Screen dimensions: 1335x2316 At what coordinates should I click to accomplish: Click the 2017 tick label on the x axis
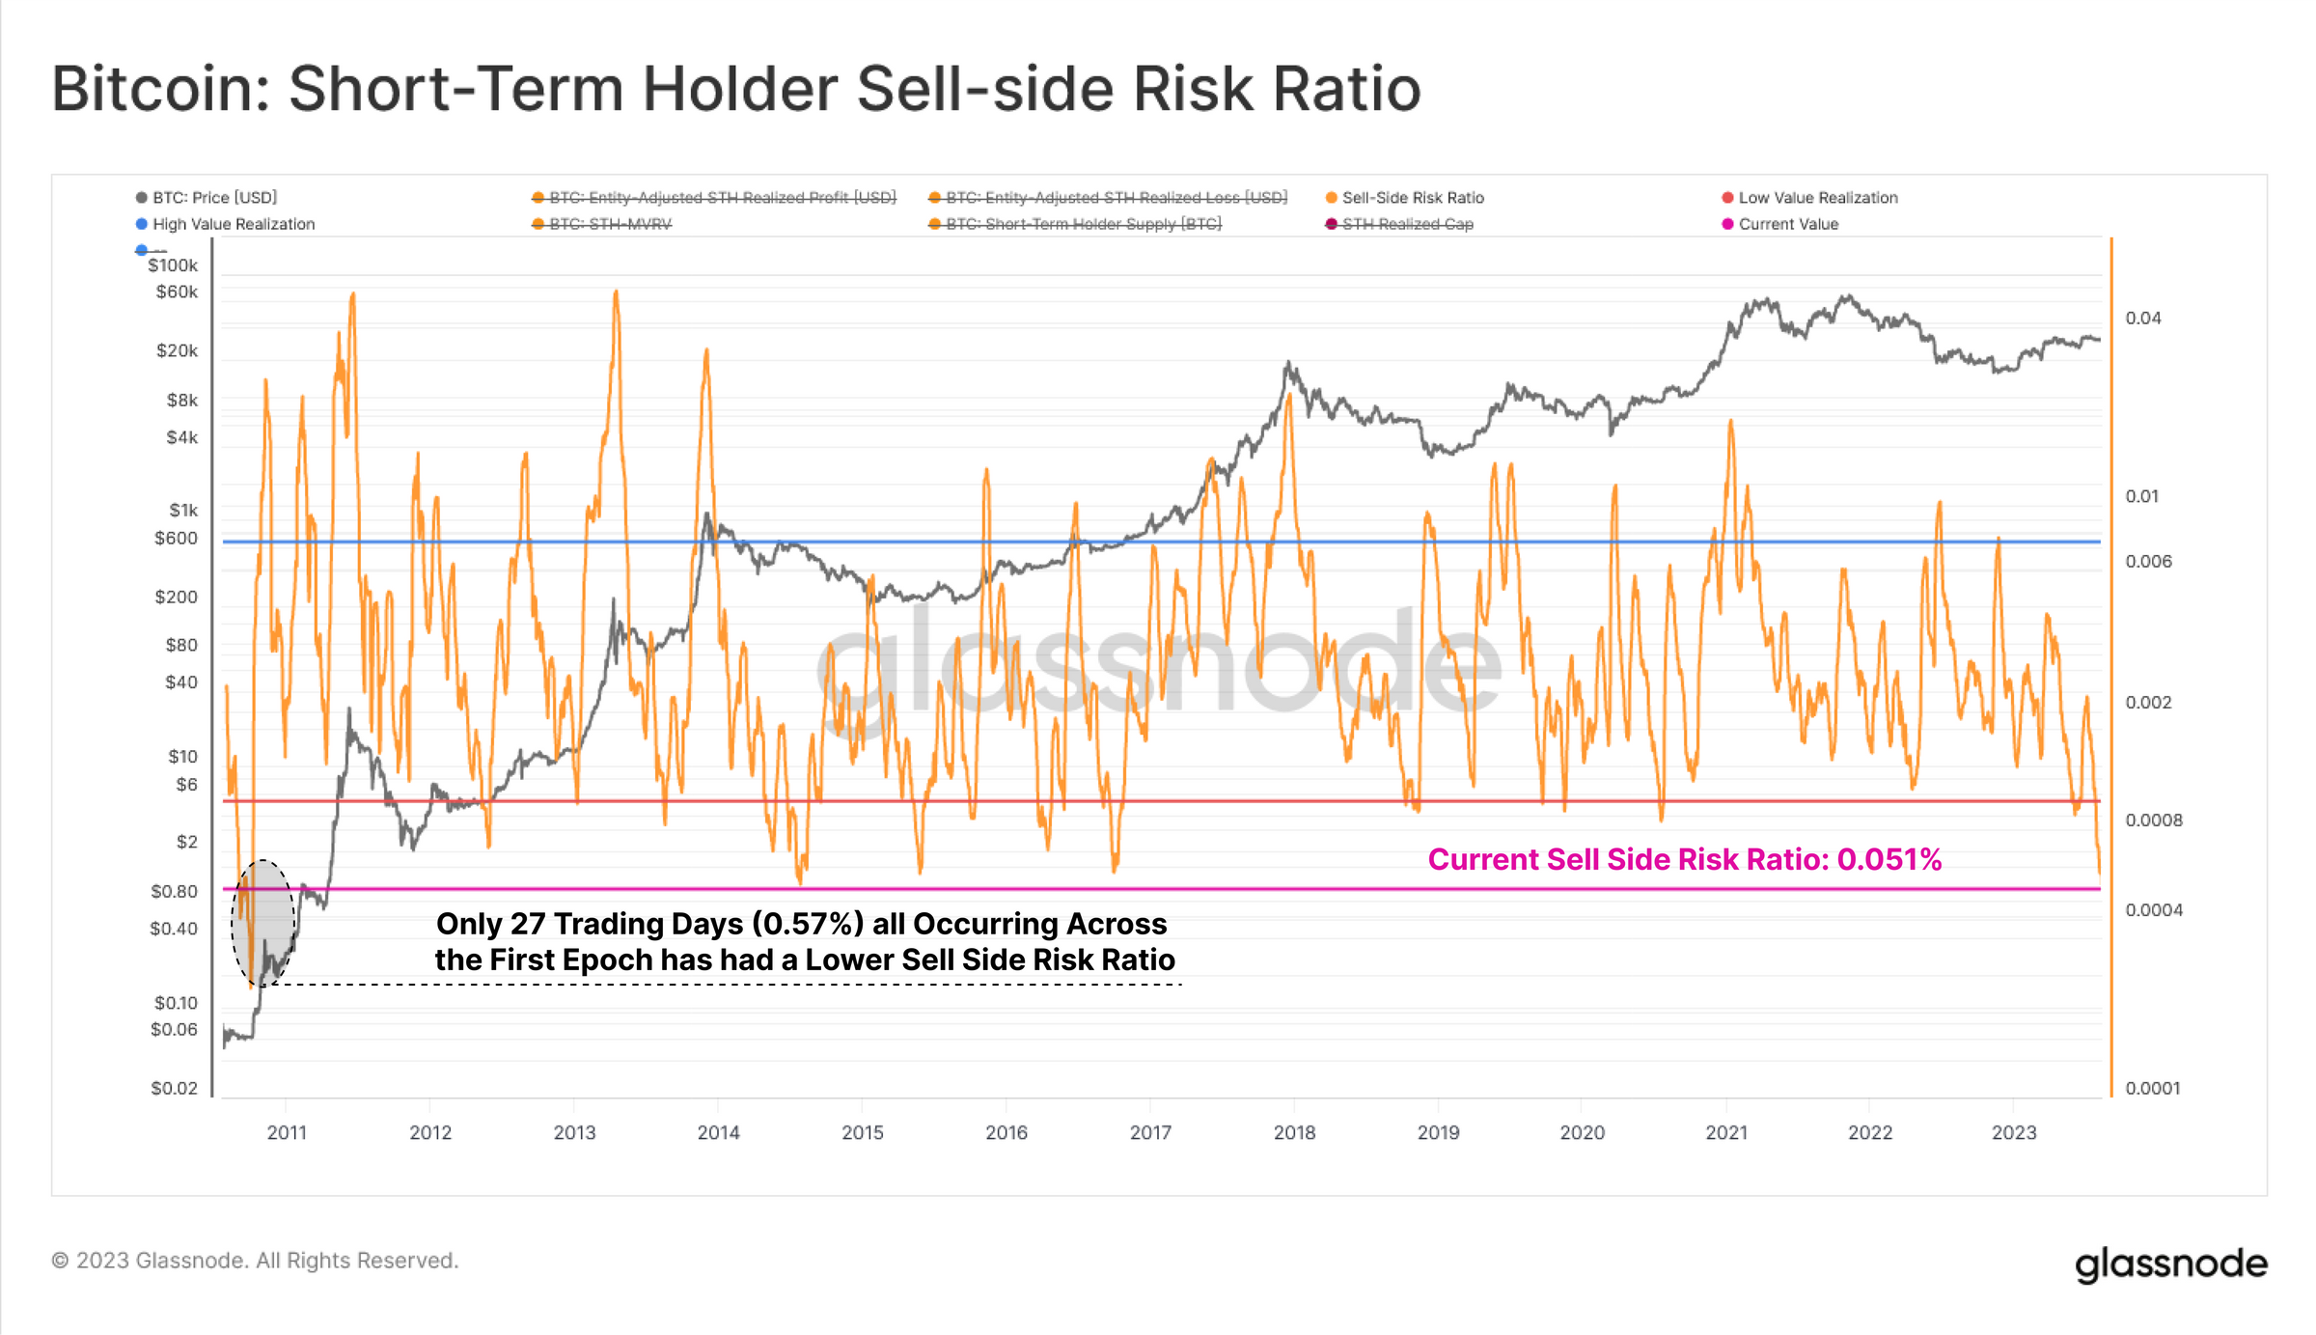(1150, 1132)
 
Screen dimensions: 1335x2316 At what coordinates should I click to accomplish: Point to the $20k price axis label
(177, 350)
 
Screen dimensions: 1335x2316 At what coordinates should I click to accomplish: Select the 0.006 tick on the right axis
(2148, 561)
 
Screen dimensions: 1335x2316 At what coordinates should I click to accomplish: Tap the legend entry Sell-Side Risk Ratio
(1412, 198)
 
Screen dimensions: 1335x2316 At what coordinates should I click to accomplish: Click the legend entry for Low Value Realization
(1817, 198)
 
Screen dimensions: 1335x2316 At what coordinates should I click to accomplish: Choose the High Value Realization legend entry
(233, 224)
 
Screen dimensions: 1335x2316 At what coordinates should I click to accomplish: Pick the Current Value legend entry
(1787, 224)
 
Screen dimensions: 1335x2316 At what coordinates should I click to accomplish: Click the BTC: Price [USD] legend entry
(214, 198)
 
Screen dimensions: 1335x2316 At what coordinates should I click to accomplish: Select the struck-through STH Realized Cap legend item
(1407, 224)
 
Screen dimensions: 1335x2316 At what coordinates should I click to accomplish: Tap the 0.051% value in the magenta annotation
(1889, 859)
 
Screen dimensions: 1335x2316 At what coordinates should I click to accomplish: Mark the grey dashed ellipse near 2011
(263, 922)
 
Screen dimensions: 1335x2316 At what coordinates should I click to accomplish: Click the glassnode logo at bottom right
(2170, 1264)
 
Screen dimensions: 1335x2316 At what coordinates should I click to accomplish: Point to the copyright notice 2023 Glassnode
(256, 1261)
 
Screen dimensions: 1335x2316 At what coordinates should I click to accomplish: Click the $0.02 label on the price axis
(174, 1088)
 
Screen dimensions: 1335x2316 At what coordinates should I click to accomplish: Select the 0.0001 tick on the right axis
(2152, 1088)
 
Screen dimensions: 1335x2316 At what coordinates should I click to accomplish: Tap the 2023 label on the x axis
(2014, 1132)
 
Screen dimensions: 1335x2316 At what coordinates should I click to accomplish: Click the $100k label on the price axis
(173, 265)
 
